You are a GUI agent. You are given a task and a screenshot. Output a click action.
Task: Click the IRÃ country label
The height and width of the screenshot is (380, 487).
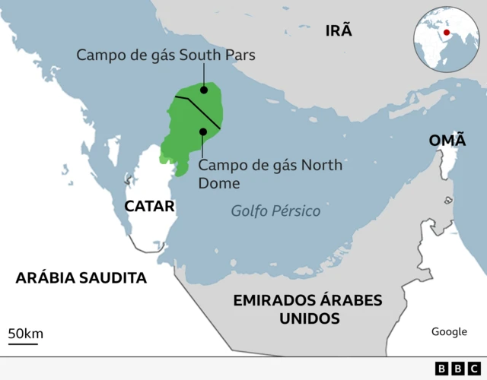[339, 30]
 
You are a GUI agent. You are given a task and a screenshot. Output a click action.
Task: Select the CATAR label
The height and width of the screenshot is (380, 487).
[149, 206]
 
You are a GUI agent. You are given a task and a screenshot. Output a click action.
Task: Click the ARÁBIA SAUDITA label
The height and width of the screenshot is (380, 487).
[81, 277]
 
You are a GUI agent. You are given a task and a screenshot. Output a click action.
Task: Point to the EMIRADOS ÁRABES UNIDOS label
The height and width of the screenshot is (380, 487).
[308, 309]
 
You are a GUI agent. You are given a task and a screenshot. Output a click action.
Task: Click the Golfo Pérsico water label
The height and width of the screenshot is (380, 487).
[275, 211]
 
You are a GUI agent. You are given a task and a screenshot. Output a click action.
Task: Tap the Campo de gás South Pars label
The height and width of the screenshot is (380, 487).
[166, 55]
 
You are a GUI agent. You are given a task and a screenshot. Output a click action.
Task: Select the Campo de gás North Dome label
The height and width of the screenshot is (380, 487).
[270, 173]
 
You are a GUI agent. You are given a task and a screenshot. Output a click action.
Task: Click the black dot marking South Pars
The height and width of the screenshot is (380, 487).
[204, 90]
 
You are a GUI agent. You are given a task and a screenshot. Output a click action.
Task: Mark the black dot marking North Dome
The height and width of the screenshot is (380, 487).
[203, 131]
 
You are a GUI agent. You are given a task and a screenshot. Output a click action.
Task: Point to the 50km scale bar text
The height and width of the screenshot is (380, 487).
[25, 333]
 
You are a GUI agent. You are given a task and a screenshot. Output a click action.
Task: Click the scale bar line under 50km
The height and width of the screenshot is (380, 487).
[23, 344]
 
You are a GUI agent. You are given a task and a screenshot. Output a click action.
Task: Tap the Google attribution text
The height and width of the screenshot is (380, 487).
[449, 331]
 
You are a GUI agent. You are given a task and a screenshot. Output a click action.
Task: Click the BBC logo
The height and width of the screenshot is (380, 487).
[451, 368]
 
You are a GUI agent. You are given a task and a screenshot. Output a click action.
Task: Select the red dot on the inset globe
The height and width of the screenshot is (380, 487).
[446, 32]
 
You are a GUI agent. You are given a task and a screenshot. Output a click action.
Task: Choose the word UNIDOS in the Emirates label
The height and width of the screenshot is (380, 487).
[309, 318]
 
